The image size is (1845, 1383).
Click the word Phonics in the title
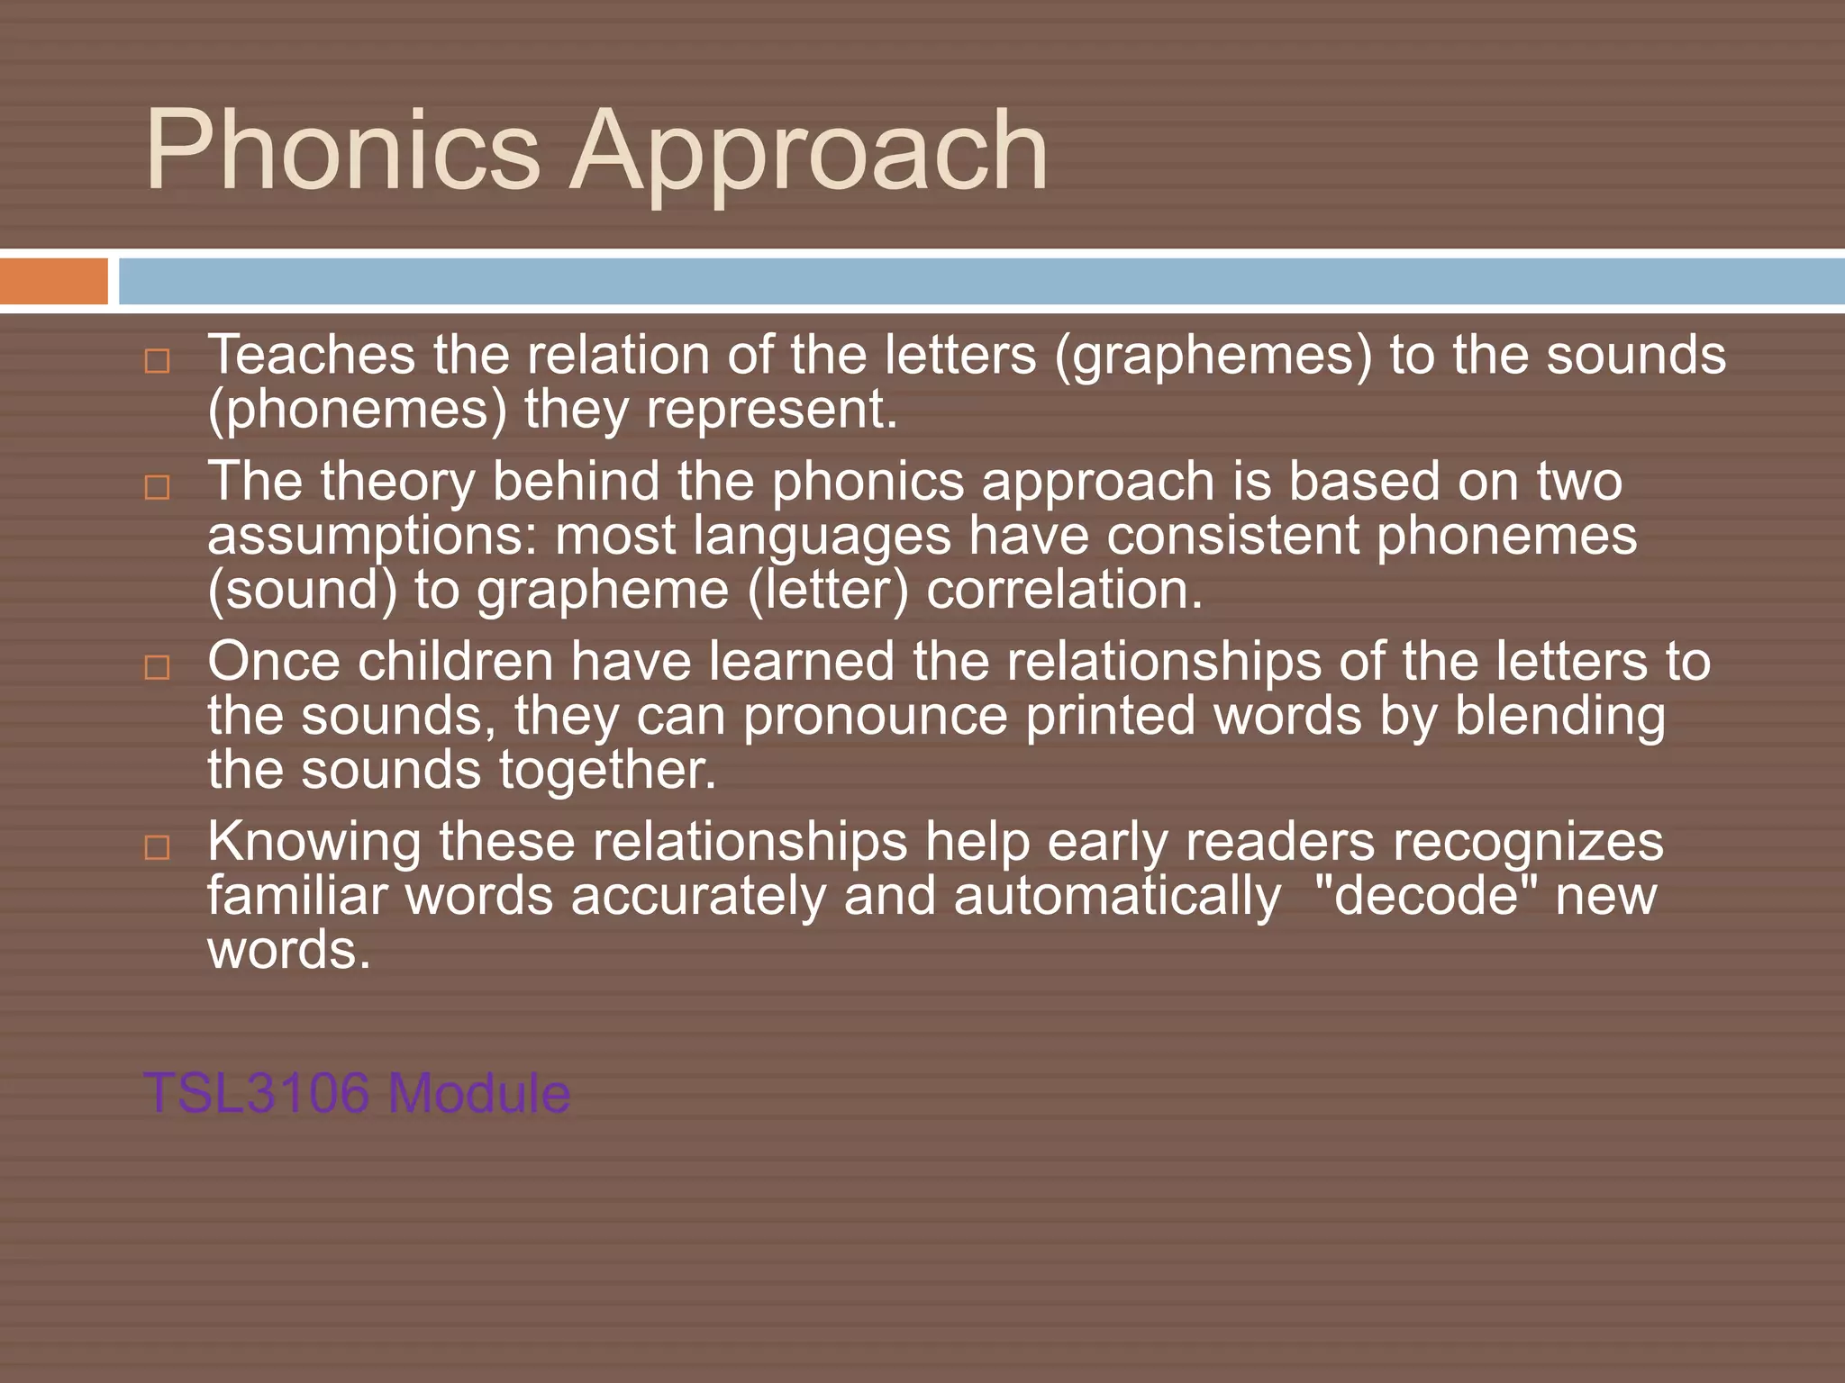(342, 149)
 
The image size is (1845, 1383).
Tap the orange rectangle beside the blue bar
(53, 281)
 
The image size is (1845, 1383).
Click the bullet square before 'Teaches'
(158, 361)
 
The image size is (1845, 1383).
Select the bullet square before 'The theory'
(158, 487)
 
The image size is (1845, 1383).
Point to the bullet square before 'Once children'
(158, 667)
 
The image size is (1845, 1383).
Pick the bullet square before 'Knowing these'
(158, 847)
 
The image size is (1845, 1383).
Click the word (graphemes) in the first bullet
(1213, 356)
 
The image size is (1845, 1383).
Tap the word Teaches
(311, 354)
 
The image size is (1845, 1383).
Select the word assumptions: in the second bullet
(372, 538)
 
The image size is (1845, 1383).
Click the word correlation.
(1064, 591)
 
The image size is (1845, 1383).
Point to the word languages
(822, 538)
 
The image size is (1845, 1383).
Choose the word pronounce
(875, 718)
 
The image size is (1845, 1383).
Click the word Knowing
(314, 844)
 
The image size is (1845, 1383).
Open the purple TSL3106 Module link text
(357, 1093)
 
